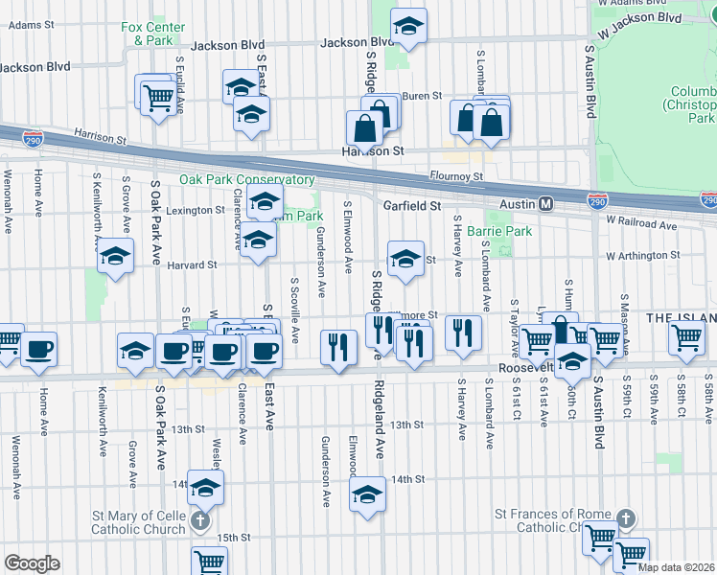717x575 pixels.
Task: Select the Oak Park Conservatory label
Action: pos(246,179)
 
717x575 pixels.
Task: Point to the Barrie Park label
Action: pos(505,231)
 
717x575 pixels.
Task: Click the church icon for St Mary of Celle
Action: pos(198,522)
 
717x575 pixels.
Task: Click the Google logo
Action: pos(32,563)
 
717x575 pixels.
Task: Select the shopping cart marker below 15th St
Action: pos(209,562)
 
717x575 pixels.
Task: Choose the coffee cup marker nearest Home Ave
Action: pos(39,348)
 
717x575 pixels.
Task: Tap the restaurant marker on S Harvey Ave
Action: pos(463,333)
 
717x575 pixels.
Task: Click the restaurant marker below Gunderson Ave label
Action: pos(336,347)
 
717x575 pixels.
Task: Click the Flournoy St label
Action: pos(456,176)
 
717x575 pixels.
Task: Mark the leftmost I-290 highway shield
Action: pos(32,138)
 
